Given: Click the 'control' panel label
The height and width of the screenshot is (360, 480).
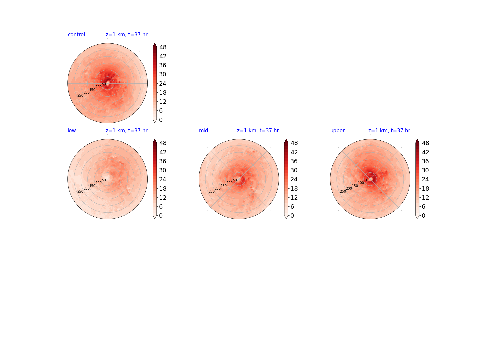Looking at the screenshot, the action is click(x=76, y=35).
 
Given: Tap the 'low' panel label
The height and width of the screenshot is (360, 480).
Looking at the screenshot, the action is click(x=72, y=130).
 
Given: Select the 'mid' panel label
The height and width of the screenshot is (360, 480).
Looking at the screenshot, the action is click(x=203, y=130).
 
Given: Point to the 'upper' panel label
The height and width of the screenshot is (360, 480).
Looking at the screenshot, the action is click(x=337, y=131).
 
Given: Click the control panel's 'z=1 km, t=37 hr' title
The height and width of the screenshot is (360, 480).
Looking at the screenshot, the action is click(x=127, y=35).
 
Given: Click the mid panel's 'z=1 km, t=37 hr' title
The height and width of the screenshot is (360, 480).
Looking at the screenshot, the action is click(x=258, y=130).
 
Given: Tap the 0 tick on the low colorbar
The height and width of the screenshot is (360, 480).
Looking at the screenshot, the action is click(x=161, y=216).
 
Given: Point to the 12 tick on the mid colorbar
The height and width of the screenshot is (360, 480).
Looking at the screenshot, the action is click(x=294, y=198).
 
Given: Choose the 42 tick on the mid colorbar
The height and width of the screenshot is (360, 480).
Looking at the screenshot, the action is click(x=294, y=152).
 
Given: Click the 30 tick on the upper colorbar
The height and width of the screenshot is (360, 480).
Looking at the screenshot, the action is click(x=425, y=170).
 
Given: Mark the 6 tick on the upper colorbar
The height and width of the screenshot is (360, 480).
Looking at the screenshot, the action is click(x=424, y=207).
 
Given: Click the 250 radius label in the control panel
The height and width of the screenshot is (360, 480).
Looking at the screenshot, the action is click(x=80, y=96).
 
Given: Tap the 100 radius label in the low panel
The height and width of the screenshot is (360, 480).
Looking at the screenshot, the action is click(x=99, y=183).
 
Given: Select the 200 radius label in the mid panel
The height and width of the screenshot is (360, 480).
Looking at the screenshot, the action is click(x=218, y=188).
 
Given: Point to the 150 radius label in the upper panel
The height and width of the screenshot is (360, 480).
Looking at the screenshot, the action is click(x=355, y=186).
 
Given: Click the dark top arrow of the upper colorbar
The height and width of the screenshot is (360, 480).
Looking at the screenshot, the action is click(x=417, y=141).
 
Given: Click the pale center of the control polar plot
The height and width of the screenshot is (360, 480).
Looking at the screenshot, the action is click(x=108, y=83).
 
